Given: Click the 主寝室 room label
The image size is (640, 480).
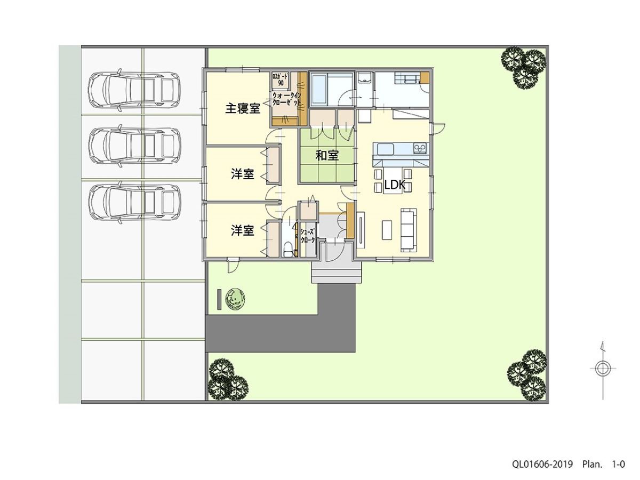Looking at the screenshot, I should [243, 108].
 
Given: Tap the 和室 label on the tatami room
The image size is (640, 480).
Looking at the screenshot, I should [326, 156].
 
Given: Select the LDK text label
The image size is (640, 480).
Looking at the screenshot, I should [396, 185].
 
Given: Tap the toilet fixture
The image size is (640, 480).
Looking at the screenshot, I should [288, 248].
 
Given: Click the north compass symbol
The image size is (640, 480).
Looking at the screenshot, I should [603, 369].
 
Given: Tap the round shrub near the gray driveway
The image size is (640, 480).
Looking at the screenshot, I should [235, 299].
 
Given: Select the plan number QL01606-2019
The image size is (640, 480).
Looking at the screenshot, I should [541, 465].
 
